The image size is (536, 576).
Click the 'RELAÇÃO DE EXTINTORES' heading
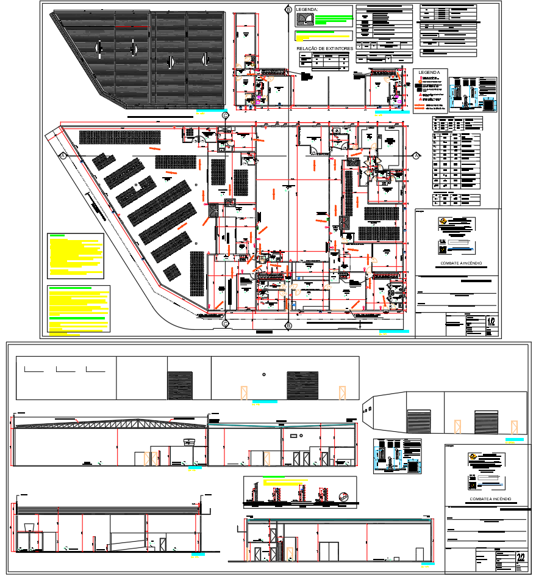(324, 48)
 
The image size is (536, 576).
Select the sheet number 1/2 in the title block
(491, 321)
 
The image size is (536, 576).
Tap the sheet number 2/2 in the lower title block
(520, 557)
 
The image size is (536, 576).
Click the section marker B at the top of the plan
(288, 10)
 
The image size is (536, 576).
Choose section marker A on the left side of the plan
(63, 156)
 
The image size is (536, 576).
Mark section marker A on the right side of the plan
(416, 156)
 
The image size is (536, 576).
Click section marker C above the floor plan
(225, 115)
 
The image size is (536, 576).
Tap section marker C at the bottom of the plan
(225, 324)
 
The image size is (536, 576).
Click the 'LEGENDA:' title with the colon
(307, 10)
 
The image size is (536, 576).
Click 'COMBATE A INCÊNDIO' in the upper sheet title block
(461, 264)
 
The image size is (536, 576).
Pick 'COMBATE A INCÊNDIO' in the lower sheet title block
(490, 499)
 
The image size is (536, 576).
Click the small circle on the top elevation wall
(263, 374)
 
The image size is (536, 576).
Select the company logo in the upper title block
(443, 222)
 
